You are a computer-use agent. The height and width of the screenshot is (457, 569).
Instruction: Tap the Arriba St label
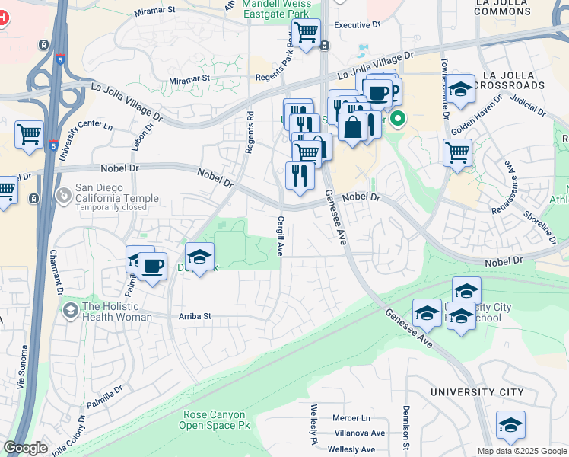coord(195,316)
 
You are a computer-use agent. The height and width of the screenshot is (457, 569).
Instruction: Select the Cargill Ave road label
coord(280,235)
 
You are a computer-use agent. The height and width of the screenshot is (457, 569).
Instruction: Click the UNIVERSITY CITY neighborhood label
coord(476,392)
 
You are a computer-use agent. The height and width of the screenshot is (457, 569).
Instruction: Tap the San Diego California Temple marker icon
coord(64,195)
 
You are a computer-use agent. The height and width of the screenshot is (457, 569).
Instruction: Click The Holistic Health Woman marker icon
coord(71,309)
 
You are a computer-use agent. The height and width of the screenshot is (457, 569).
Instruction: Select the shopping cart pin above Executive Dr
coord(306,33)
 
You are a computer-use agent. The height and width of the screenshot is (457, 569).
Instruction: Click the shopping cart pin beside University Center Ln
coord(29,135)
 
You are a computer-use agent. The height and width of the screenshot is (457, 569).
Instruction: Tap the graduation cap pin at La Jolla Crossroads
coord(460,89)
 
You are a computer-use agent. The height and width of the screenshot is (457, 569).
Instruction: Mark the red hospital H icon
coord(2,18)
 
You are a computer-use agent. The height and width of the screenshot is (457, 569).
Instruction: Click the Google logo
coord(24,448)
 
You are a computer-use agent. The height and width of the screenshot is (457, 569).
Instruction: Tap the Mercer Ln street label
coord(351,418)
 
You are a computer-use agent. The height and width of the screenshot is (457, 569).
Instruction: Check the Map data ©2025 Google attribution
coord(521,451)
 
